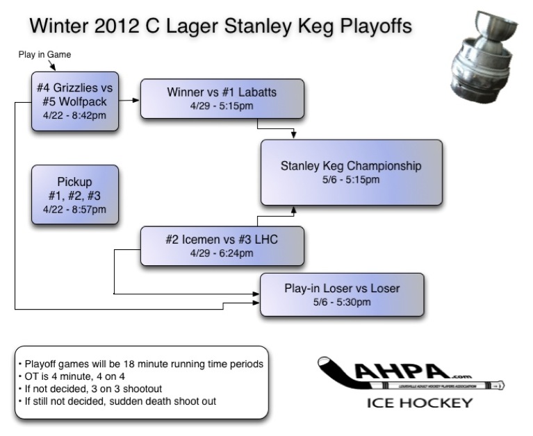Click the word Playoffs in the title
coord(372,26)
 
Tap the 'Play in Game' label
coord(44,54)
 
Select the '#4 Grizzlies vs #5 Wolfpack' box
coord(75,101)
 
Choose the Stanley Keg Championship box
coord(351,172)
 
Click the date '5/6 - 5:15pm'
coord(351,180)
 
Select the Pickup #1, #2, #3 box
coord(75,194)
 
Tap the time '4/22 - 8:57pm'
coord(75,209)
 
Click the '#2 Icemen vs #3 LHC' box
coord(222,246)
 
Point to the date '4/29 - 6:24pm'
coord(222,253)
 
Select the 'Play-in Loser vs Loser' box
coord(342,294)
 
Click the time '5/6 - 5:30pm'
coord(342,302)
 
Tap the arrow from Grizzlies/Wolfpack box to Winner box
coord(129,100)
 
